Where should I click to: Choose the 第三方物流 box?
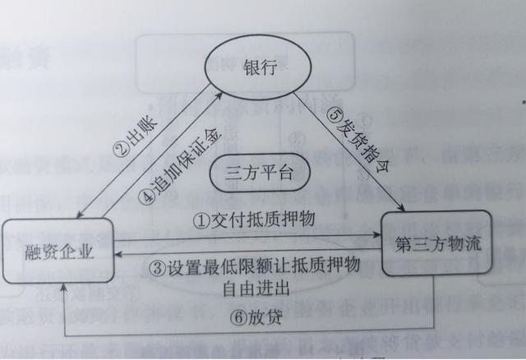coord(436,244)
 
